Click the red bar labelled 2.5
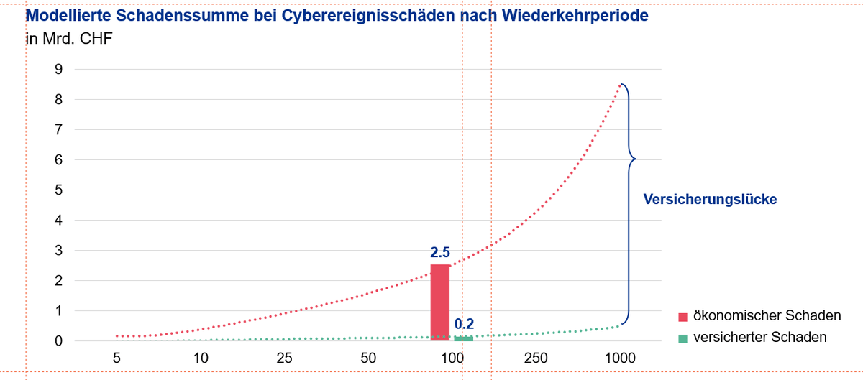(x=440, y=302)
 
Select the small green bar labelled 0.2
(x=464, y=338)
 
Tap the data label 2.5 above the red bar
(x=440, y=253)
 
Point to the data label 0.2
(x=465, y=324)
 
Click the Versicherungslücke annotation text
(x=710, y=200)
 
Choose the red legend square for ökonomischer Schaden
(x=682, y=317)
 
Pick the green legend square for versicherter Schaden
(x=682, y=338)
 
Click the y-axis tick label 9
(x=59, y=70)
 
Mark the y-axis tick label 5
(x=59, y=190)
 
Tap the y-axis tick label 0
(x=59, y=341)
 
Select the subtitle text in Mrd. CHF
(x=69, y=38)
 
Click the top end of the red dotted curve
(x=619, y=85)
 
